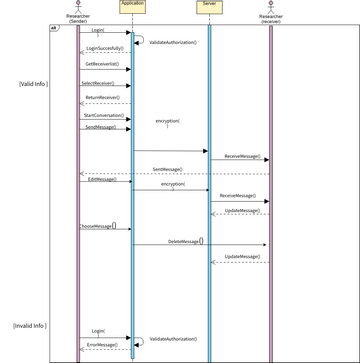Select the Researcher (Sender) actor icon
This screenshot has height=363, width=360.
pos(78,5)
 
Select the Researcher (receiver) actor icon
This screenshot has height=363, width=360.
pos(270,5)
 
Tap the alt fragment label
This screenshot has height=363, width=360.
pos(53,28)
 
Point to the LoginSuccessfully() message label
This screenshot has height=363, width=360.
pos(105,48)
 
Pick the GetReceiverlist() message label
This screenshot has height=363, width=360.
pos(102,65)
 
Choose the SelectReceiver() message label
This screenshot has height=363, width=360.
pos(98,83)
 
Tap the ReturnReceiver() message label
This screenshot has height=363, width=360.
pos(103,98)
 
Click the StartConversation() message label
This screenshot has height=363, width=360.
pos(103,115)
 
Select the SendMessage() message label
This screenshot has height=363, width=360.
pos(99,127)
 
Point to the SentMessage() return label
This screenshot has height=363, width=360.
pos(167,170)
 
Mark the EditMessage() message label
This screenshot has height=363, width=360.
pos(100,180)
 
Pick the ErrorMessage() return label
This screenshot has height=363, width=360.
pos(102,345)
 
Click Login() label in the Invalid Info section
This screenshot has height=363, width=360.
pos(98,330)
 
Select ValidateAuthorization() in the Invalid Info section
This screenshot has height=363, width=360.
pos(173,340)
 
